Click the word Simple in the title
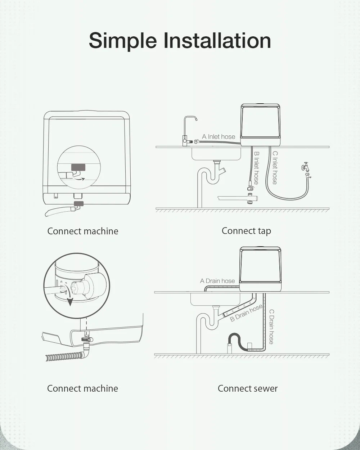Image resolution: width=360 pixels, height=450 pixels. (123, 40)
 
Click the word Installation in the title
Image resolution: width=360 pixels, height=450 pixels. (217, 40)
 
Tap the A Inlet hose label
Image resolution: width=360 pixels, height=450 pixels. (219, 136)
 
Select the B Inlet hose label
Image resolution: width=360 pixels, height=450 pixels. (256, 167)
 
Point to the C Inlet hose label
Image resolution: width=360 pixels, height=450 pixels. (275, 167)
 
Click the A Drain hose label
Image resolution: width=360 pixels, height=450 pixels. (217, 281)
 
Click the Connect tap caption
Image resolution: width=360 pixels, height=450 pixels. (246, 231)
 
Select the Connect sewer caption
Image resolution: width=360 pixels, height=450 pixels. (248, 388)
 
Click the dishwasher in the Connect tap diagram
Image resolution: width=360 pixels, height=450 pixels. (261, 124)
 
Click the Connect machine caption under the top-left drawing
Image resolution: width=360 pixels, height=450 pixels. (83, 231)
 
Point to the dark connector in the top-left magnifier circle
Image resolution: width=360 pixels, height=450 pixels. (78, 167)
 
